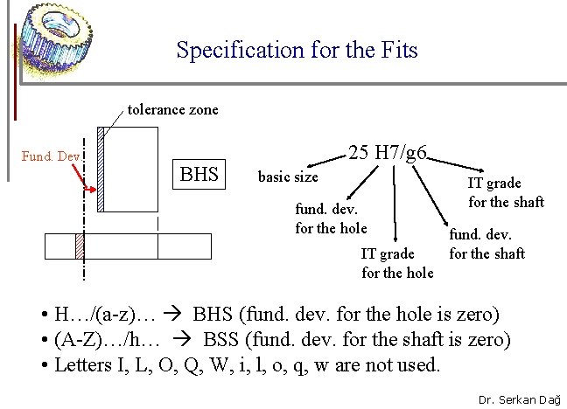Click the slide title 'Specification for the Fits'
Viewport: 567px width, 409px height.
tap(297, 50)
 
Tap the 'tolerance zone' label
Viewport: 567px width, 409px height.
tap(173, 110)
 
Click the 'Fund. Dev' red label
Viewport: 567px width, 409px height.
tap(51, 157)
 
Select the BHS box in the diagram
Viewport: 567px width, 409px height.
tap(199, 173)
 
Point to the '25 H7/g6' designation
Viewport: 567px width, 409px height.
tap(388, 153)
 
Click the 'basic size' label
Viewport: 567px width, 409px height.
tap(288, 177)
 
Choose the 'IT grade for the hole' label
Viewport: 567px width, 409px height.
tap(397, 263)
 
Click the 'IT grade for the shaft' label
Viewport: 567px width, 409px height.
tap(506, 192)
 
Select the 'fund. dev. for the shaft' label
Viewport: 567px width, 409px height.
tap(486, 244)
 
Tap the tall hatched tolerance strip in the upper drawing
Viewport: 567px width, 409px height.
tap(101, 170)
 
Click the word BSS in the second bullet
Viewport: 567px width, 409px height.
tap(223, 339)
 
